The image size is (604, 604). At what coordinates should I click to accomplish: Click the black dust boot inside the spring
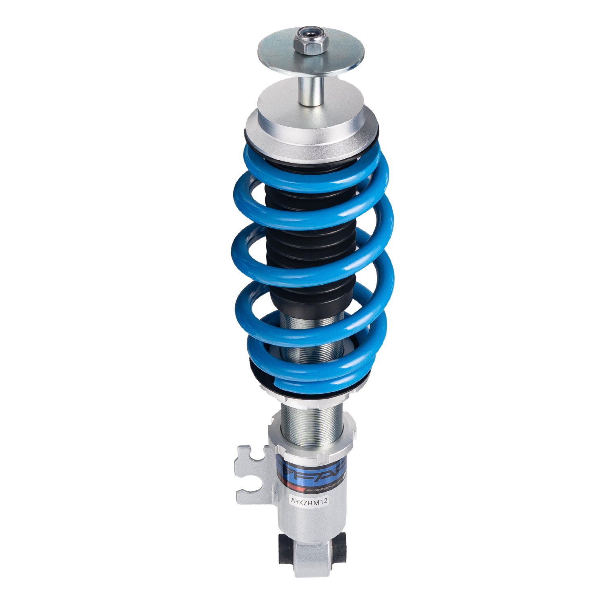(310, 250)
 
